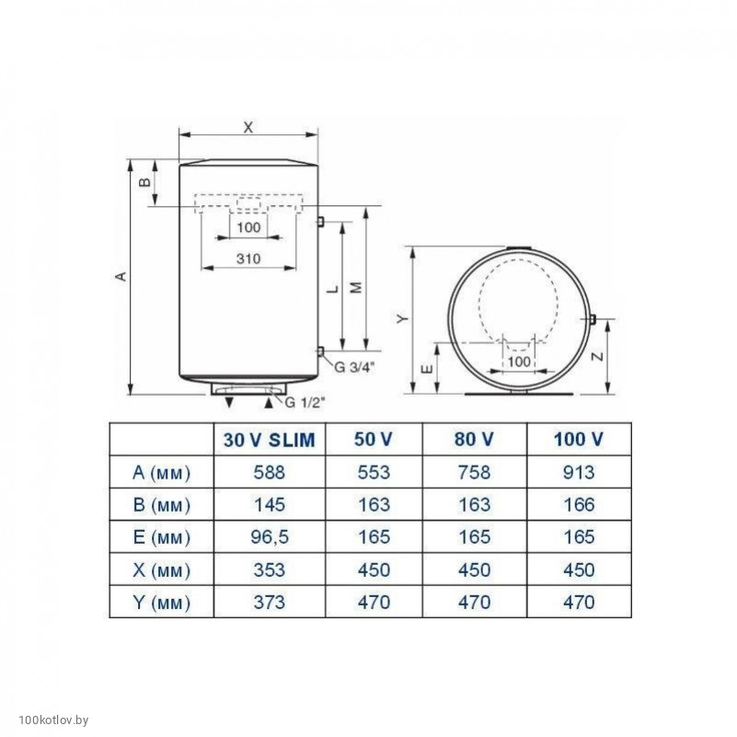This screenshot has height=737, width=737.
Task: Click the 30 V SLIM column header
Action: (269, 440)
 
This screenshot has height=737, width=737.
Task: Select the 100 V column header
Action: (578, 440)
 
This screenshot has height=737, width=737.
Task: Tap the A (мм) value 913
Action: (579, 472)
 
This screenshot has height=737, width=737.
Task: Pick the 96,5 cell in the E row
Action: (270, 536)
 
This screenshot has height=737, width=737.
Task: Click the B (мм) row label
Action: (162, 505)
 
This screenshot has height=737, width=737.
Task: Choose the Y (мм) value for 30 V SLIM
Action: (270, 602)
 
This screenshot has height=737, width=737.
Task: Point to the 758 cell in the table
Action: (474, 472)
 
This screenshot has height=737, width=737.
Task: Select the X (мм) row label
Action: (162, 570)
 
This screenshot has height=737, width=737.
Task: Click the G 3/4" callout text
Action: (354, 367)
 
